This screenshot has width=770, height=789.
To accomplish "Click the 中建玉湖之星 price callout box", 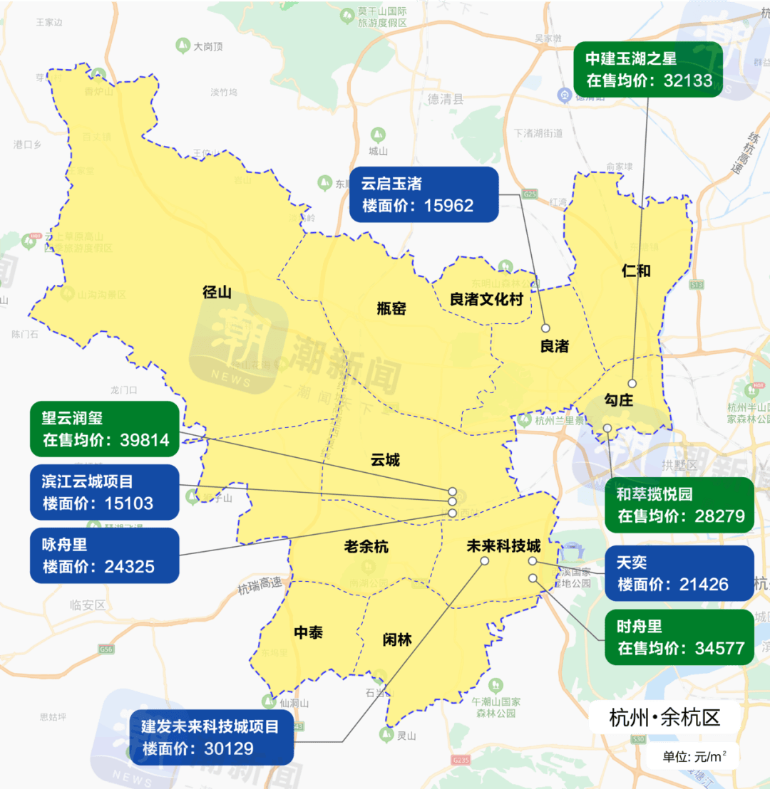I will pos(648,70).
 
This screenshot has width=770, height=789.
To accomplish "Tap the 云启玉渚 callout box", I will pos(423,194).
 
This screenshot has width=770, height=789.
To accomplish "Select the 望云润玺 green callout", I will pos(105,429).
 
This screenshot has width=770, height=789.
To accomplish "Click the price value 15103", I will pos(128,503).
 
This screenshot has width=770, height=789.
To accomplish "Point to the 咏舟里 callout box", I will pos(105,555).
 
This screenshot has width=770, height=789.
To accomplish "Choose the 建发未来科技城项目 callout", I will pos(211,737).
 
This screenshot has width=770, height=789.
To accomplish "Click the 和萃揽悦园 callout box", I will pos(679,505).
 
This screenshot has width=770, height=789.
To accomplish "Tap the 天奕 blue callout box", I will pos(679,573).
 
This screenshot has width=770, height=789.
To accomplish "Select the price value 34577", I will pos(719,648).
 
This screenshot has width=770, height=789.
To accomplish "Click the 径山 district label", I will pos(217,292).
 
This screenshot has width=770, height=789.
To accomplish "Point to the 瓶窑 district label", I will pos(391,308).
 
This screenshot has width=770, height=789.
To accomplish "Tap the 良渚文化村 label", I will pos(486,299).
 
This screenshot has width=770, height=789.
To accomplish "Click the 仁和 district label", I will pos(636,271).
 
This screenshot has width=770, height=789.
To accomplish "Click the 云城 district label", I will pos(385,460).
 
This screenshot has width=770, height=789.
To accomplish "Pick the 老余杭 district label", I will pos(366,547).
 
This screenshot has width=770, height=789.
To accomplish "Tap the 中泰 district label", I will pos(308,632).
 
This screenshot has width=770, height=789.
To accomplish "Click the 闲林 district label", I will pos(397,639).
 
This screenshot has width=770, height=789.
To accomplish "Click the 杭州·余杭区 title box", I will pos(664,718).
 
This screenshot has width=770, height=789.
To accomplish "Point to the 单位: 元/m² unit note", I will pos(690,756).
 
